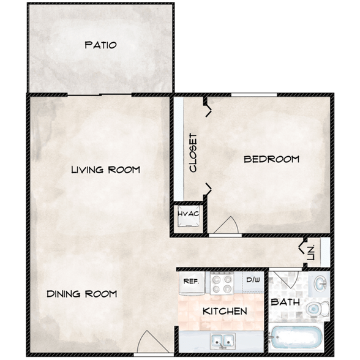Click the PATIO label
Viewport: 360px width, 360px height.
pos(100,45)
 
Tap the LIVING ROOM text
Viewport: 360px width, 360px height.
pos(105,170)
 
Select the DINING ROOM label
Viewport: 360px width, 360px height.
pos(81,294)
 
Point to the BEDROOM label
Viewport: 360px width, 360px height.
pos(271,159)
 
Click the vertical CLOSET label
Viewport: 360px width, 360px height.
pos(193,152)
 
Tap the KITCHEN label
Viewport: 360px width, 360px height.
pos(225,311)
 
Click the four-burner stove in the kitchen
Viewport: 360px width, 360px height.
pos(222,282)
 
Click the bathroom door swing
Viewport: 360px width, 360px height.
pos(283,280)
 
